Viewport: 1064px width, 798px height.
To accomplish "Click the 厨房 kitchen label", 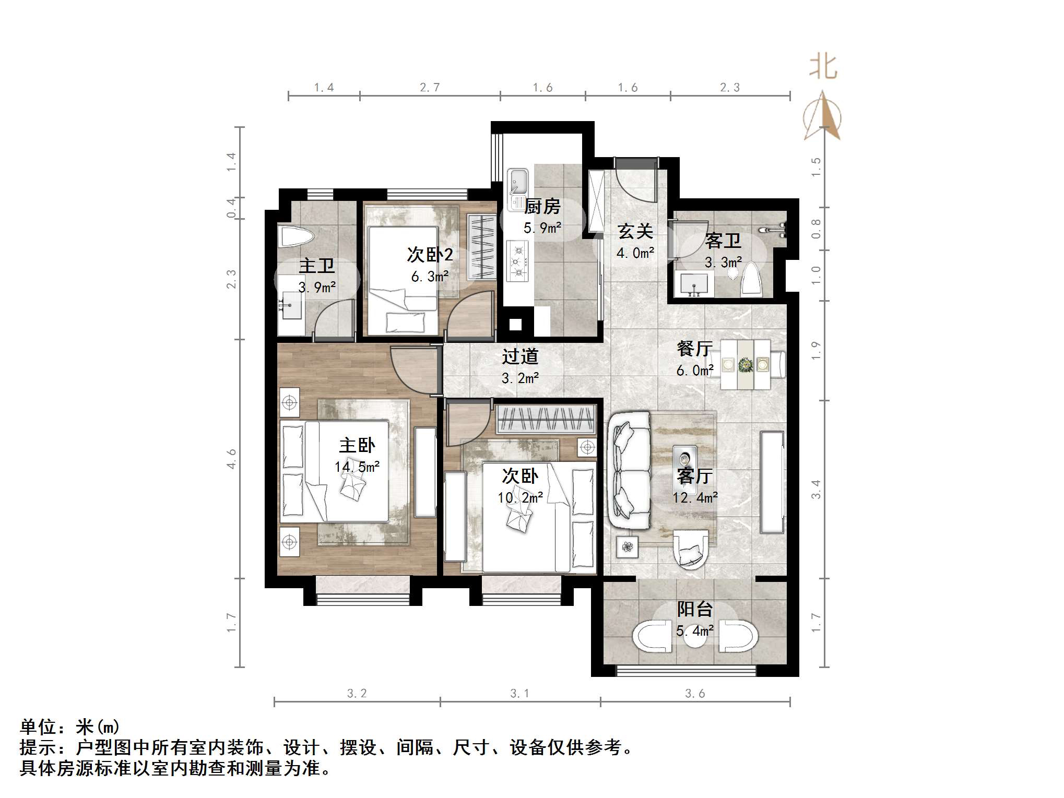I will (542, 207).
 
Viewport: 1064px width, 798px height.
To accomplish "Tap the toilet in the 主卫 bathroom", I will (295, 236).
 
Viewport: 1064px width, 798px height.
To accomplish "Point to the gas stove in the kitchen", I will (517, 261).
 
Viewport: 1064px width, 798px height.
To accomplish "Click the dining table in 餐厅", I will (745, 364).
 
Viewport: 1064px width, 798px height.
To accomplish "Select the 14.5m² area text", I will (357, 467).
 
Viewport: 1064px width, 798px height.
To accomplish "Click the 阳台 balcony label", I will (694, 609).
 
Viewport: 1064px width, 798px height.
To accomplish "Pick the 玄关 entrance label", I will (635, 231).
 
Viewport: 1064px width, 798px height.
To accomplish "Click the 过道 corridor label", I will (520, 356).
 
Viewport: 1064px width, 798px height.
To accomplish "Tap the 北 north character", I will (823, 67).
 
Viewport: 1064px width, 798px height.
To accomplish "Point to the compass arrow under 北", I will (822, 116).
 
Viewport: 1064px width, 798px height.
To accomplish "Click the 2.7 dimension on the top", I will (430, 88).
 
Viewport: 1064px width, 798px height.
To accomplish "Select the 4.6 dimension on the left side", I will (231, 458).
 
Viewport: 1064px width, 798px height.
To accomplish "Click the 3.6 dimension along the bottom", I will (695, 693).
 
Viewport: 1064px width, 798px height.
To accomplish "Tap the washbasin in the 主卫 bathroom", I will (289, 305).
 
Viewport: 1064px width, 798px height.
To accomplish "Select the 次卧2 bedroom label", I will (430, 255).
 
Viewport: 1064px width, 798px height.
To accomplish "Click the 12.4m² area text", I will (695, 497).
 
